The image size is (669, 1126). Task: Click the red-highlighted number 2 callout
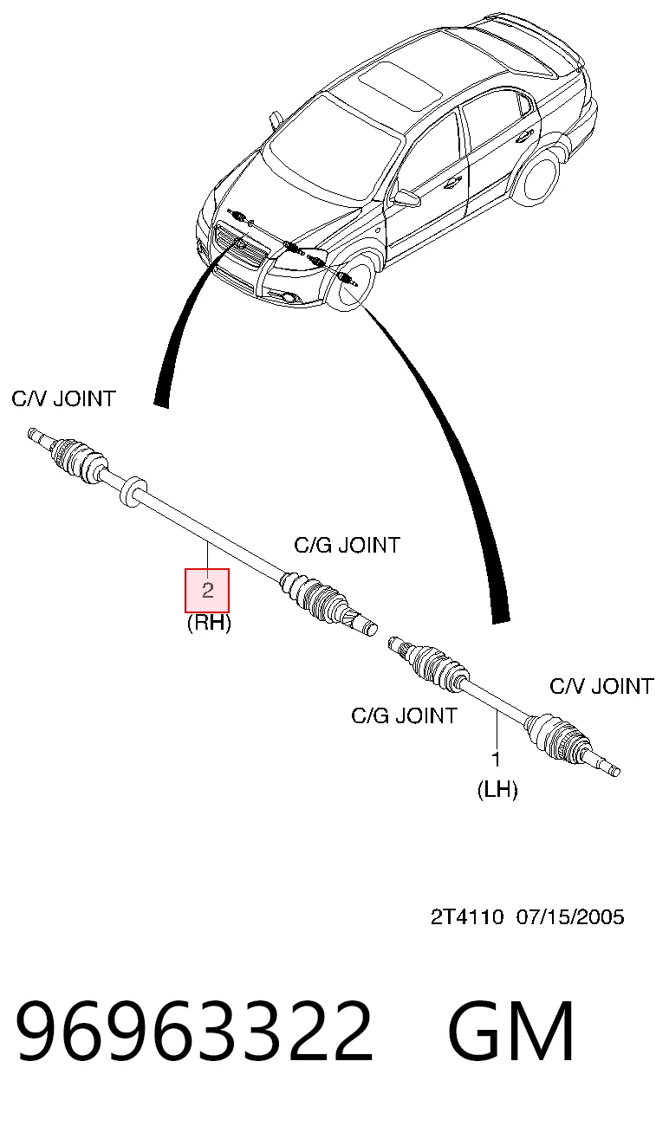pyautogui.click(x=207, y=590)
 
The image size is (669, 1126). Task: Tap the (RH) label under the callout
pyautogui.click(x=209, y=624)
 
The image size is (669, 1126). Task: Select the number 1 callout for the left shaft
pyautogui.click(x=496, y=760)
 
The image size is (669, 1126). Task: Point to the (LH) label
pyautogui.click(x=497, y=790)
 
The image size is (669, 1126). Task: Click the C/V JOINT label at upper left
pyautogui.click(x=64, y=398)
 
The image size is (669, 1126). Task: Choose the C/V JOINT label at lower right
pyautogui.click(x=601, y=686)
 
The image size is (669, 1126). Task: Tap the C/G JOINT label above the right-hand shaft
pyautogui.click(x=347, y=545)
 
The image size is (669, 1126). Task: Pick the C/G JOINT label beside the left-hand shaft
pyautogui.click(x=405, y=715)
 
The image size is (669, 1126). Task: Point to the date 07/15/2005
pyautogui.click(x=570, y=917)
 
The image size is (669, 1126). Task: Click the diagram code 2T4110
pyautogui.click(x=467, y=917)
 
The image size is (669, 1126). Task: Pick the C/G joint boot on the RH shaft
pyautogui.click(x=314, y=597)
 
